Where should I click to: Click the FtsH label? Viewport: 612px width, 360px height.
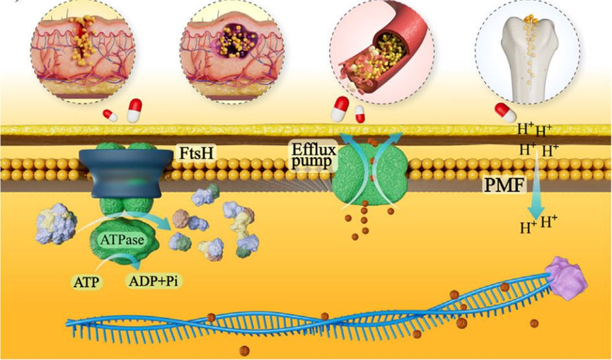click(x=197, y=153)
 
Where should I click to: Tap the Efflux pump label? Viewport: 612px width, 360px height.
click(x=312, y=156)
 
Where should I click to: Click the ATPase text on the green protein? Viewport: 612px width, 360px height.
click(x=122, y=239)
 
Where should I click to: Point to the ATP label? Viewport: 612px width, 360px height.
click(x=86, y=281)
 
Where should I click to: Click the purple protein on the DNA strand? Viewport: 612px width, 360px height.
click(x=566, y=275)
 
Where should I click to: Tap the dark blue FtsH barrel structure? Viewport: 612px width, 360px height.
click(x=126, y=173)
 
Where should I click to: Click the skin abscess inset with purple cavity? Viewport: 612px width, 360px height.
click(x=232, y=52)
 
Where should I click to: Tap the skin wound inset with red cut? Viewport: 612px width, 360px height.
click(x=83, y=52)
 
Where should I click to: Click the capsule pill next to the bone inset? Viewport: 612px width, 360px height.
click(x=505, y=112)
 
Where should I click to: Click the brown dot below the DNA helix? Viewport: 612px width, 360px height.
click(x=244, y=350)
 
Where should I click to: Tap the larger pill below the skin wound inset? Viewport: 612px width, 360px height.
click(x=134, y=110)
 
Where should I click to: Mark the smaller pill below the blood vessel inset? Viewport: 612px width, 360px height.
click(x=359, y=114)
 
